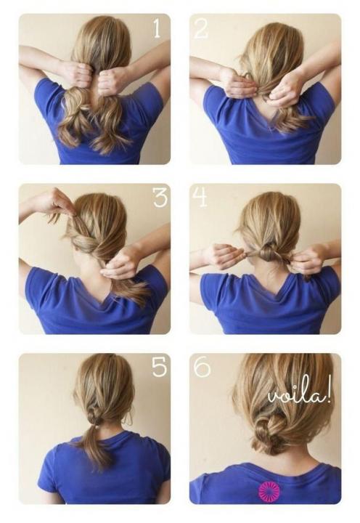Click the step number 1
[x=157, y=28]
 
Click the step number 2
[x=200, y=28]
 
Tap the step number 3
[x=160, y=197]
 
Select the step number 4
[x=200, y=196]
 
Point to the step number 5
[x=160, y=367]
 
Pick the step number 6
[x=202, y=367]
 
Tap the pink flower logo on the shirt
[x=269, y=490]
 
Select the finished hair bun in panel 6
[x=269, y=434]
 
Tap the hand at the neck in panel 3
[x=120, y=265]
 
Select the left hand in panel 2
[x=237, y=83]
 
